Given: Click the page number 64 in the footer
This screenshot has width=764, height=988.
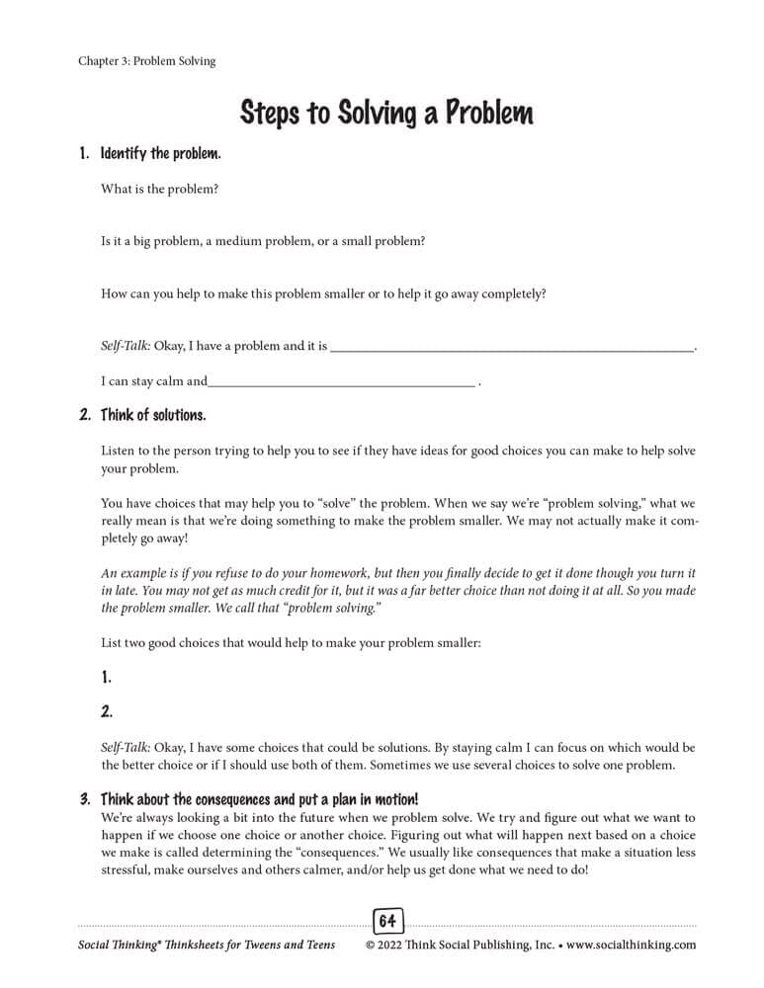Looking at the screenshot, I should pyautogui.click(x=387, y=922).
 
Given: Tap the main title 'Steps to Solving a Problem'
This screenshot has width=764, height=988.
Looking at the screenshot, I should pyautogui.click(x=386, y=113).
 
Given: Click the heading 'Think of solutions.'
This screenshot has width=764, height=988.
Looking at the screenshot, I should pyautogui.click(x=153, y=415).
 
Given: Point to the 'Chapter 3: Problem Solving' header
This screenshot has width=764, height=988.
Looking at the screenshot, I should pyautogui.click(x=146, y=61).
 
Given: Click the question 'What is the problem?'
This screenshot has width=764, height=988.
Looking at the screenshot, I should pyautogui.click(x=159, y=189).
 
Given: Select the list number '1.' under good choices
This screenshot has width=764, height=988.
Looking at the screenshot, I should pyautogui.click(x=107, y=678).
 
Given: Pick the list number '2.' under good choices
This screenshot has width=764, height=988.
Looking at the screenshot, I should pyautogui.click(x=107, y=710).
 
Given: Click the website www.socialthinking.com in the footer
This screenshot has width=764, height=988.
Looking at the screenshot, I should pyautogui.click(x=632, y=945).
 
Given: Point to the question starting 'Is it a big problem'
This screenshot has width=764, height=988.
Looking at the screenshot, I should pyautogui.click(x=263, y=240).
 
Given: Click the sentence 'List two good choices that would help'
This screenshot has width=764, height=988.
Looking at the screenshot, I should pyautogui.click(x=291, y=642).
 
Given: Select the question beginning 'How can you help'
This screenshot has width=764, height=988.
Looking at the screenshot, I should pyautogui.click(x=323, y=293).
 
